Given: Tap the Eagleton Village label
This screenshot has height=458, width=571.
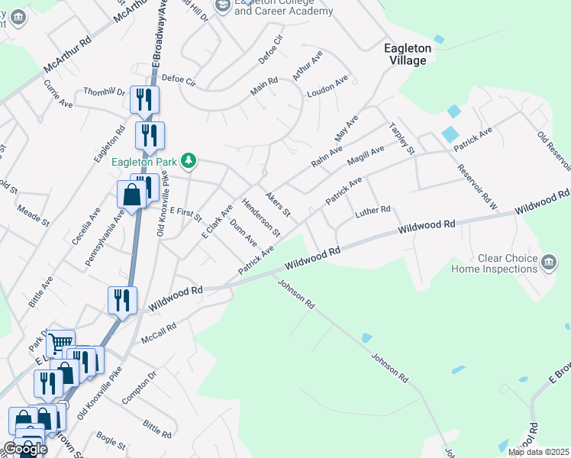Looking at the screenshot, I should [x=408, y=54].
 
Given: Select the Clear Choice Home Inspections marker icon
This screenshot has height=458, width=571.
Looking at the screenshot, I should [x=548, y=263].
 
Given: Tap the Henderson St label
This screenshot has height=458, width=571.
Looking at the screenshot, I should [x=261, y=218].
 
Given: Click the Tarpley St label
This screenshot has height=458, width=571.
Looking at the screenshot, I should [x=401, y=138].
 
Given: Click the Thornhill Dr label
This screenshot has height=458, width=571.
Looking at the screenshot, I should [x=104, y=92].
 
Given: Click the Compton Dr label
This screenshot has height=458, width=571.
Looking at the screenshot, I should [x=138, y=387].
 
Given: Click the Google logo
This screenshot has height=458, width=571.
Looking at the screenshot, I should [x=25, y=449].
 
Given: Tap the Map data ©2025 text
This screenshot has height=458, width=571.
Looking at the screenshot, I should [x=538, y=452].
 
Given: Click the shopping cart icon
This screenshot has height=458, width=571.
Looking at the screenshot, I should [x=60, y=342].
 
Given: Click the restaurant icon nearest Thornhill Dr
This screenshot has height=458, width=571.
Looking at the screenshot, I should [x=144, y=98].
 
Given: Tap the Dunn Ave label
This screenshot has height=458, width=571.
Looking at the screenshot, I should [x=243, y=233].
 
